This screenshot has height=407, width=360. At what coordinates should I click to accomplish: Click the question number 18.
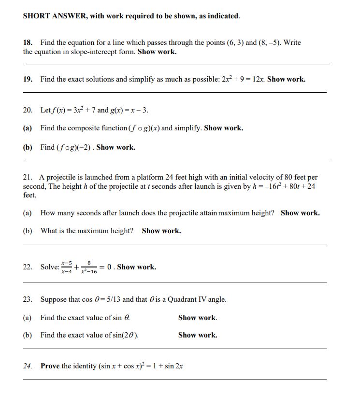click(28, 42)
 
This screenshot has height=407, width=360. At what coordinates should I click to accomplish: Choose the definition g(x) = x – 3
click(130, 110)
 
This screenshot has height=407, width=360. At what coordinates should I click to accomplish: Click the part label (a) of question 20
click(28, 128)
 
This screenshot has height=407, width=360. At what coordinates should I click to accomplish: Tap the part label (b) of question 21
click(28, 231)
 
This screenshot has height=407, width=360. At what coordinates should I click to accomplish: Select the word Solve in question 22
click(50, 267)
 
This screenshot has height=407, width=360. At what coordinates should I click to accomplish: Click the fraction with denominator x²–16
click(89, 267)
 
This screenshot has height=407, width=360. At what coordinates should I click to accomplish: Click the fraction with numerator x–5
click(67, 267)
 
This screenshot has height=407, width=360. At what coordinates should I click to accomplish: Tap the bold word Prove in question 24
click(50, 366)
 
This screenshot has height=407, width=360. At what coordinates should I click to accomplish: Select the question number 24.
click(28, 366)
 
